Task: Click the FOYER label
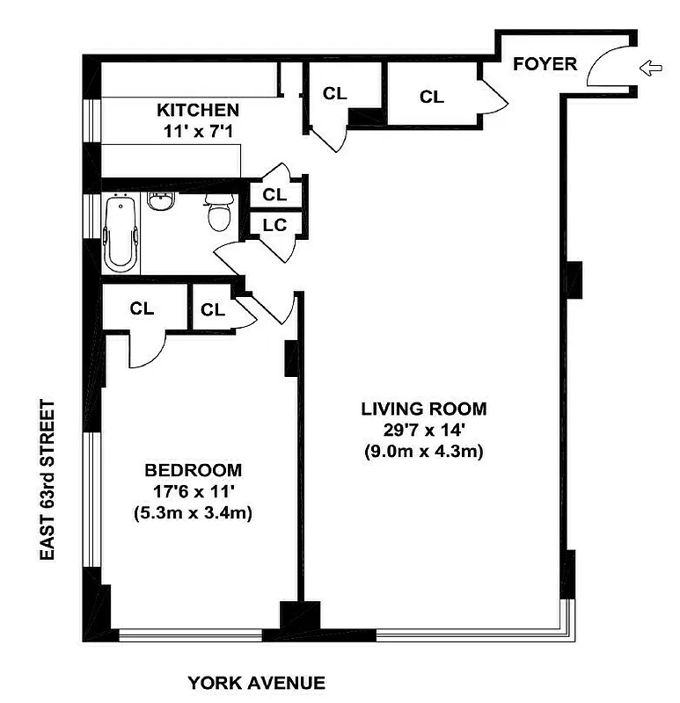(545, 63)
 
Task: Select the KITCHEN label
(198, 111)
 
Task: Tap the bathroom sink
(160, 202)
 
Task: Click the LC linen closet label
(275, 224)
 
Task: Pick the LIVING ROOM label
(423, 409)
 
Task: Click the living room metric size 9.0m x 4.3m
(423, 453)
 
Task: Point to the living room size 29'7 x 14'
(423, 431)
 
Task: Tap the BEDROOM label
(194, 470)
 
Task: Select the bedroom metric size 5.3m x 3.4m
(194, 513)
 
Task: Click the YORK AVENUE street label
(257, 683)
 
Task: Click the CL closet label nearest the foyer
(432, 97)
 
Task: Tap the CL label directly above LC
(275, 193)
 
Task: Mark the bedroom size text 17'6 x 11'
(194, 491)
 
